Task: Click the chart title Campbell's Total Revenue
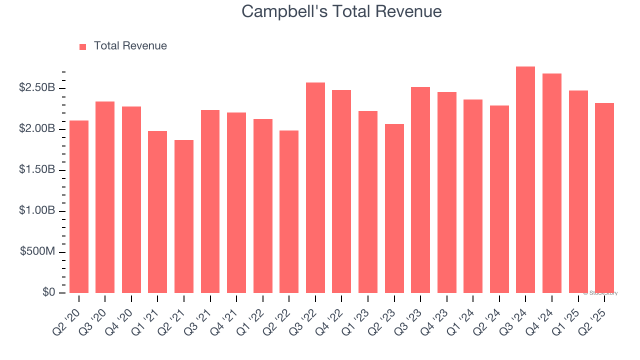click(341, 11)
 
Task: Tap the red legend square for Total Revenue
click(83, 46)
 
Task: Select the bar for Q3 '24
click(525, 180)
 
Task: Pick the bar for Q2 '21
click(184, 216)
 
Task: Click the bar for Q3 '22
click(315, 188)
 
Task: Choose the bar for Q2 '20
click(79, 206)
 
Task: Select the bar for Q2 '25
click(604, 198)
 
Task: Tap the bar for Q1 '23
click(368, 202)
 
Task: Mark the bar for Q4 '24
click(552, 183)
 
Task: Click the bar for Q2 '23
click(394, 208)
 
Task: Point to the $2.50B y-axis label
click(36, 88)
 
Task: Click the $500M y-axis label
click(37, 251)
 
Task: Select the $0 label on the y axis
click(48, 292)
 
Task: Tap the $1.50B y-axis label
click(36, 170)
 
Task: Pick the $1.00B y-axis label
click(36, 211)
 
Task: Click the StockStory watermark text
click(600, 293)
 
